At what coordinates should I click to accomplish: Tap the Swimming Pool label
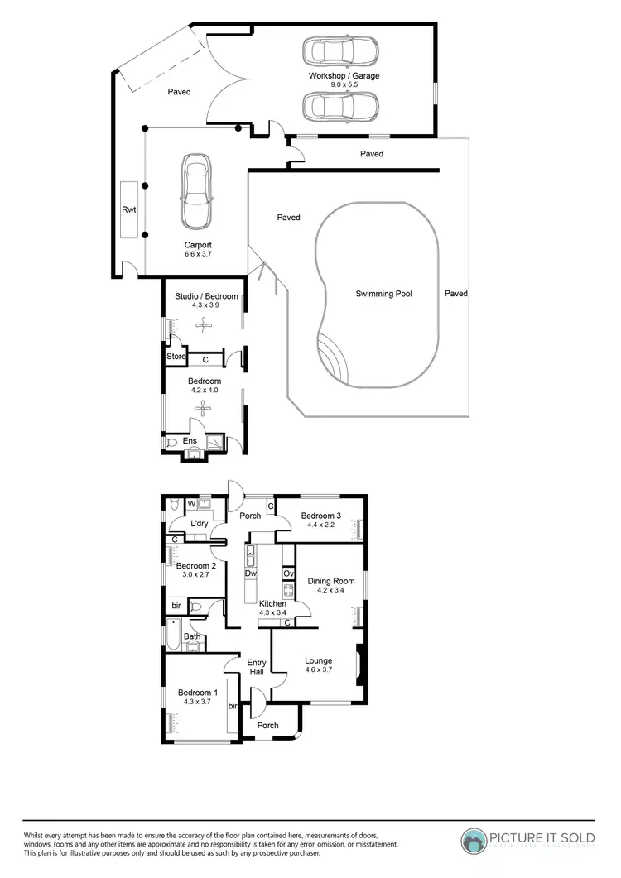(x=383, y=294)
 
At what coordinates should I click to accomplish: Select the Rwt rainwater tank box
(x=129, y=210)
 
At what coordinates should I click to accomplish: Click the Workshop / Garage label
(x=344, y=76)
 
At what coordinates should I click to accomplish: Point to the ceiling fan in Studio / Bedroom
(x=204, y=325)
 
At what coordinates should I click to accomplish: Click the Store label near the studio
(x=176, y=357)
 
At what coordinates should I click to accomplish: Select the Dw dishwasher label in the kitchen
(x=250, y=573)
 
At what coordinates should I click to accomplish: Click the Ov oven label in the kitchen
(x=288, y=573)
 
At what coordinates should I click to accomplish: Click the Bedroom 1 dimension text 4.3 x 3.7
(x=198, y=703)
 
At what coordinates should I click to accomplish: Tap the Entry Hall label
(x=257, y=668)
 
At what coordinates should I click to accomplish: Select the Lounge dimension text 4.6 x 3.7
(x=318, y=671)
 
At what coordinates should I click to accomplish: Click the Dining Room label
(x=330, y=581)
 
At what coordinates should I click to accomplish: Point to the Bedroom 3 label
(x=321, y=515)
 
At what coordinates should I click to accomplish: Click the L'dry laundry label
(x=199, y=524)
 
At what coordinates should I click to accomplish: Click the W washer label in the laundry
(x=191, y=503)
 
